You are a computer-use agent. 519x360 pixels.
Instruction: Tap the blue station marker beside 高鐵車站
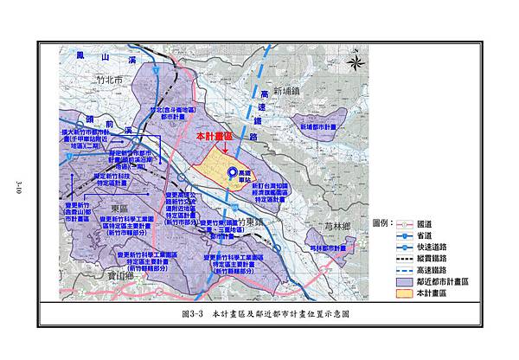(232, 174)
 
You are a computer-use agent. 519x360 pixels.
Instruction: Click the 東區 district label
(121, 209)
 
